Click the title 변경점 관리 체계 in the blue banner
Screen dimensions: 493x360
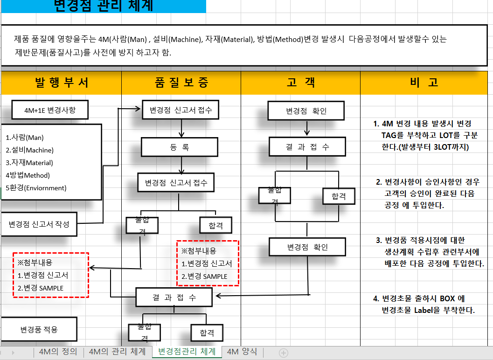[x=104, y=6]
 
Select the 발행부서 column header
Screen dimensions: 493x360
[x=62, y=83]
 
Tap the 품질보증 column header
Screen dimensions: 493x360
[x=181, y=83]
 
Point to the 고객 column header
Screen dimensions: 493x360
[x=300, y=83]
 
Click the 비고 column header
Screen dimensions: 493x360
[x=424, y=83]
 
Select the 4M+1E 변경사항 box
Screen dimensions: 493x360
[x=50, y=111]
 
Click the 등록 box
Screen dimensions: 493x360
[x=180, y=147]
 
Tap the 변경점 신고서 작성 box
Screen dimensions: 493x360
[x=39, y=224]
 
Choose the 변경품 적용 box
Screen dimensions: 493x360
[x=39, y=330]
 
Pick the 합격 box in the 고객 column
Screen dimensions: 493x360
[x=338, y=196]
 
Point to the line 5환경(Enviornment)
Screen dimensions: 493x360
[x=36, y=188]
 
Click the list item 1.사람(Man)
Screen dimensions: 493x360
[x=25, y=138]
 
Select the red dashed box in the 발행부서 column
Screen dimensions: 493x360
[x=50, y=275]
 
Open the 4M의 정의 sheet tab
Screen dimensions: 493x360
[x=58, y=352]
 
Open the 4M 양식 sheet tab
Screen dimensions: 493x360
[x=242, y=352]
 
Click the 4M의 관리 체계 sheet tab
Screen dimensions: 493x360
[x=117, y=352]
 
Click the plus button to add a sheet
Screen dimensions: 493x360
[x=283, y=353]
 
